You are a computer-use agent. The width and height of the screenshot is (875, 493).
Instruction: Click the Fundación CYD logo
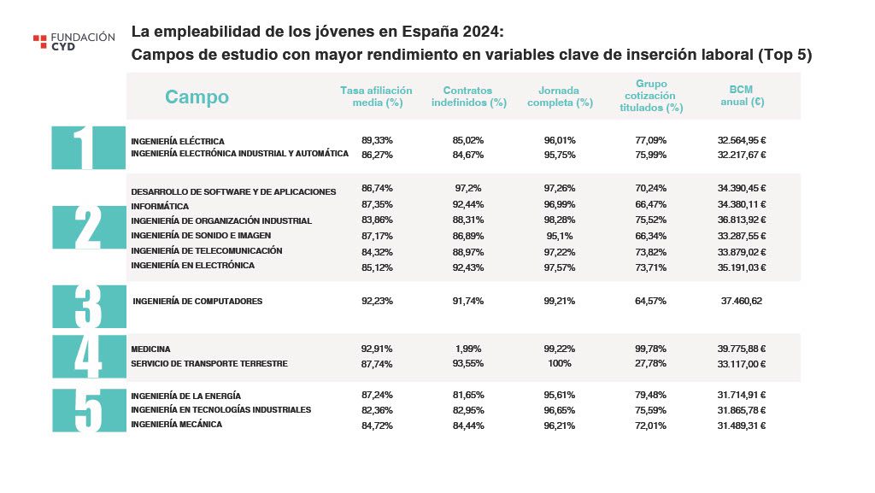pos(73,41)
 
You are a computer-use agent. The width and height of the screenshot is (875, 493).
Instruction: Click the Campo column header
pos(197,97)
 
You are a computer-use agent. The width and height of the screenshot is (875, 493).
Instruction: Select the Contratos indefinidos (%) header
pos(467,97)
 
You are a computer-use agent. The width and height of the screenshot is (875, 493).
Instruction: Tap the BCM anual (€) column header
pos(741,96)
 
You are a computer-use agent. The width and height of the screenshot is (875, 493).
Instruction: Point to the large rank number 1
pos(88,148)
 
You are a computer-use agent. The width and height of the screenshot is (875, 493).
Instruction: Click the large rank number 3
pos(88,307)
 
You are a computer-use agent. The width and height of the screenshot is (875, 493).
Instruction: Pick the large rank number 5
pos(88,410)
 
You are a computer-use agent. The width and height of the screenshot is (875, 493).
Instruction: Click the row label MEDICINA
pos(150,349)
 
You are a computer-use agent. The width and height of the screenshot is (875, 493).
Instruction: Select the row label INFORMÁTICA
pos(160,206)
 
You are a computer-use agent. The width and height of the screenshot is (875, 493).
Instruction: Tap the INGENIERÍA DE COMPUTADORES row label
pos(197,302)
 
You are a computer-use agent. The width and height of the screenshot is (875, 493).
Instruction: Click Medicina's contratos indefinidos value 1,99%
pos(468,349)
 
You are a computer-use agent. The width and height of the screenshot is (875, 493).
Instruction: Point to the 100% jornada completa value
pos(560,364)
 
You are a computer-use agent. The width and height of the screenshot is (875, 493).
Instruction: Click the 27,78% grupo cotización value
pos(651,364)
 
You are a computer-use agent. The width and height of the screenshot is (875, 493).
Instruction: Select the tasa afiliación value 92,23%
pos(377,301)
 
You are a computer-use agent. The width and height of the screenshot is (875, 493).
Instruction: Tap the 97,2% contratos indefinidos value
pos(468,187)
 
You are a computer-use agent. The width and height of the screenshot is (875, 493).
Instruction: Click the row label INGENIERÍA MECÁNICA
pos(176,425)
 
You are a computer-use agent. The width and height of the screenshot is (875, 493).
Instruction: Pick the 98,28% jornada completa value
pos(560,220)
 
